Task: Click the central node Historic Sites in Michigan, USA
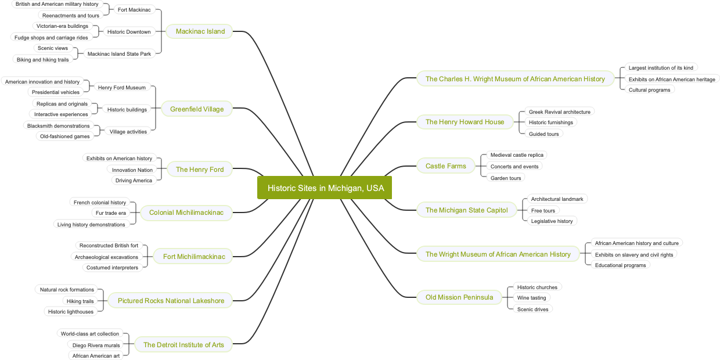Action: [x=325, y=188]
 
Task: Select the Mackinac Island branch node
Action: [x=200, y=31]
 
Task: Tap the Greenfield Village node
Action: [x=197, y=109]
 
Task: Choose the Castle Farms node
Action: [x=445, y=166]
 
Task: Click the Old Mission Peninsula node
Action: [x=459, y=297]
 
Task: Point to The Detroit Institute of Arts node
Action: [x=183, y=345]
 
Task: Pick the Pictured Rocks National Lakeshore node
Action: [x=171, y=301]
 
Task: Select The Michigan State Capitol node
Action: [x=466, y=210]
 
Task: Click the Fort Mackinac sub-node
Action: [x=134, y=10]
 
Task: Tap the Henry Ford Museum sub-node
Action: [x=122, y=88]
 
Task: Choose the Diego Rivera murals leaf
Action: [x=96, y=345]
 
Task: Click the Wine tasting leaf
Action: [x=531, y=298]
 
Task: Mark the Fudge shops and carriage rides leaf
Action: [x=51, y=38]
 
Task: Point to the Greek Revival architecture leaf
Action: [x=559, y=112]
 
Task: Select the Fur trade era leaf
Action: [x=110, y=213]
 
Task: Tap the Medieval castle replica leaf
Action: [x=517, y=155]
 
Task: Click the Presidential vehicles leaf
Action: [x=56, y=92]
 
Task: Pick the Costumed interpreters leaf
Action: [x=112, y=268]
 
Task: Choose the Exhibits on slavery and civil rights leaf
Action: [x=634, y=255]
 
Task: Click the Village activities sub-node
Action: [x=128, y=132]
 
